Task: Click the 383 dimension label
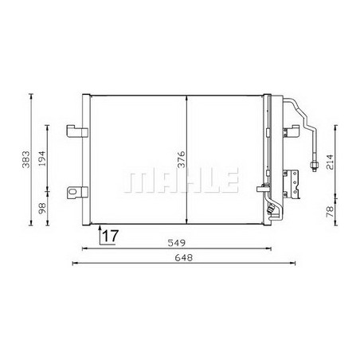(x=26, y=159)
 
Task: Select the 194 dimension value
(x=42, y=158)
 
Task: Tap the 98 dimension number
(x=42, y=209)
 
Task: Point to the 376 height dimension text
(x=182, y=159)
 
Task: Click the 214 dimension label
(x=330, y=162)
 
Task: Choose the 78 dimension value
(x=330, y=212)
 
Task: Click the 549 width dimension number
(x=176, y=243)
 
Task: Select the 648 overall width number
(x=183, y=257)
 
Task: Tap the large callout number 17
(x=110, y=236)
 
